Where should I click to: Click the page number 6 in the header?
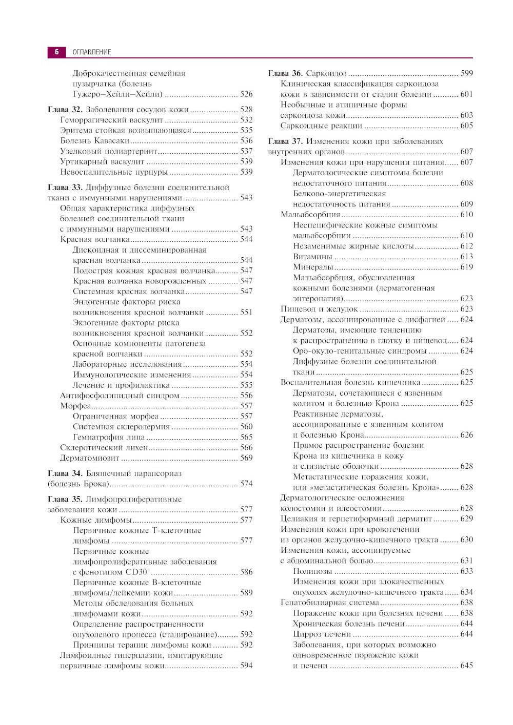(x=57, y=52)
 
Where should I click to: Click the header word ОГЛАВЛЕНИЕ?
(x=91, y=52)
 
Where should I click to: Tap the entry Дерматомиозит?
(x=90, y=458)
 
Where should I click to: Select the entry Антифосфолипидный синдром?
(x=120, y=396)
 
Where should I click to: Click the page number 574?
(x=246, y=484)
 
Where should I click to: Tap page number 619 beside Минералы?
(x=466, y=267)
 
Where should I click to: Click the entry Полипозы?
(x=312, y=571)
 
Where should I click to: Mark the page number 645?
(x=466, y=666)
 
